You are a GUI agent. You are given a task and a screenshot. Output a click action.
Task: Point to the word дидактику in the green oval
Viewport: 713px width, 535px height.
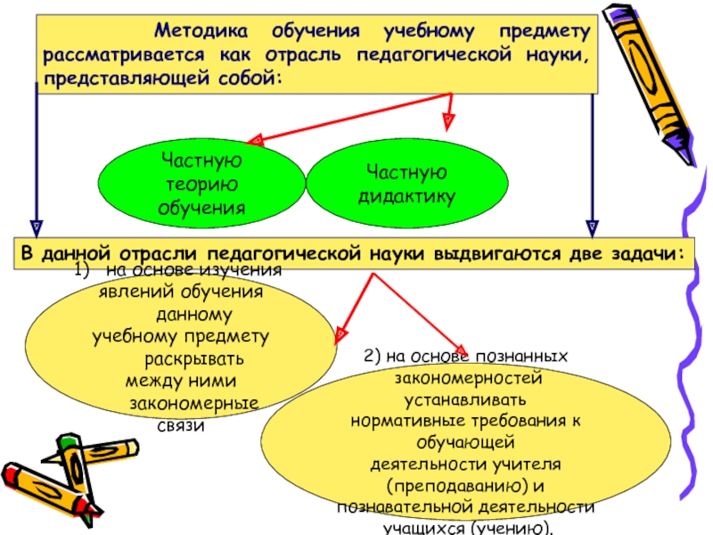pos(406,194)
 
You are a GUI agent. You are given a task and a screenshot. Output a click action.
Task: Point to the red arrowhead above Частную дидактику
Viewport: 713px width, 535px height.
pos(449,116)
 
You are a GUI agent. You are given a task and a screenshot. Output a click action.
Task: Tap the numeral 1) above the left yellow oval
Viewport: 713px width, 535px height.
pos(82,268)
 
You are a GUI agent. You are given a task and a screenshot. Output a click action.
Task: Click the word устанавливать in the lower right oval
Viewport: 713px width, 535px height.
pos(465,398)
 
